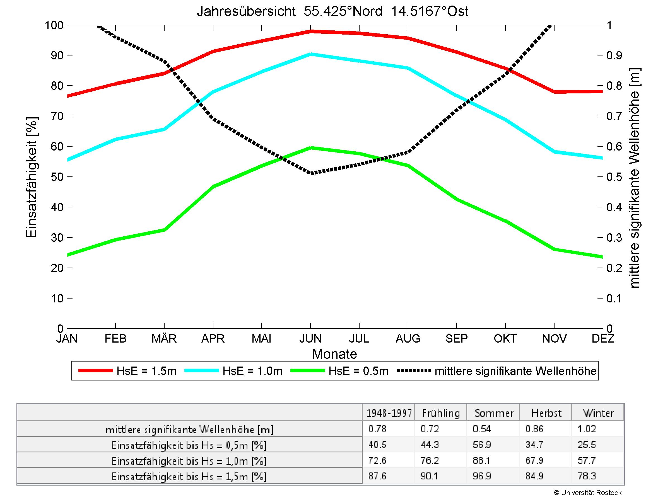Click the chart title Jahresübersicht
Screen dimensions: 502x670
[x=332, y=11]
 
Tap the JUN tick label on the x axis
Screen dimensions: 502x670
[x=310, y=338]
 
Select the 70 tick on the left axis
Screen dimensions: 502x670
[x=57, y=116]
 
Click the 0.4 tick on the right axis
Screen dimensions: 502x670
[x=614, y=207]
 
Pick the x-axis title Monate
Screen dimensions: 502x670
[x=334, y=354]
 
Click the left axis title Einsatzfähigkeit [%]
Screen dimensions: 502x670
[x=32, y=177]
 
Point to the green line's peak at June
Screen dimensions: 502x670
[x=310, y=148]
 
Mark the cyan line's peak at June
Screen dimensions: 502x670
[x=310, y=54]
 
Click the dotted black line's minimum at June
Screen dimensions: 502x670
[x=310, y=173]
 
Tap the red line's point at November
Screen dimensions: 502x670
[x=554, y=91]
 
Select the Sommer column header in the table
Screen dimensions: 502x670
[x=494, y=413]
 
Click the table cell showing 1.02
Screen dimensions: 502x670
[x=587, y=429]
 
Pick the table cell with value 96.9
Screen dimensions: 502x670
[x=482, y=476]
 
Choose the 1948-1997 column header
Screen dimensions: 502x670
[x=389, y=413]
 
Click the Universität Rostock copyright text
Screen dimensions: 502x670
[x=588, y=493]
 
